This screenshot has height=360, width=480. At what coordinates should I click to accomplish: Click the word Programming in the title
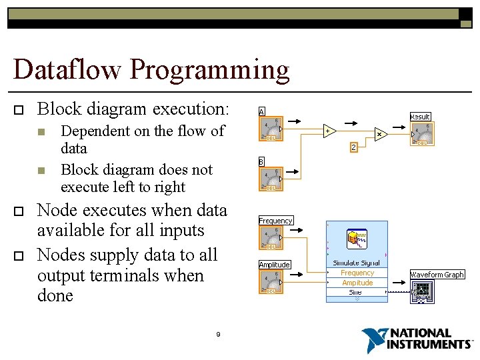[210, 70]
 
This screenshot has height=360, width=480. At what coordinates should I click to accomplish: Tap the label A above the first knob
[262, 111]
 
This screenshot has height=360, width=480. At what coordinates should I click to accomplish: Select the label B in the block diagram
[262, 161]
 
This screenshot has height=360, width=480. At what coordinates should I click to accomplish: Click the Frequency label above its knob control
[275, 221]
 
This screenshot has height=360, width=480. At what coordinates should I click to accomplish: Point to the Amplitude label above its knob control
[275, 265]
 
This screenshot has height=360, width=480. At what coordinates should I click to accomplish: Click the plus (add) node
[329, 131]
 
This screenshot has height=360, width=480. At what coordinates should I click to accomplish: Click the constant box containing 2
[354, 147]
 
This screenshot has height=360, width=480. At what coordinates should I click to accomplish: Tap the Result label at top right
[420, 117]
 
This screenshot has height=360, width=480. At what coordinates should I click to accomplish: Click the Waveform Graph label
[437, 275]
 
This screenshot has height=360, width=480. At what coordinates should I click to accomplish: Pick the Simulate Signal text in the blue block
[357, 263]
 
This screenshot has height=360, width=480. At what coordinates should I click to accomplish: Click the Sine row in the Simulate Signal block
[356, 292]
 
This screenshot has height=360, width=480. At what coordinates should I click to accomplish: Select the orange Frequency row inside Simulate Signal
[357, 273]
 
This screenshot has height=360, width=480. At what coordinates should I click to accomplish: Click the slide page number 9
[218, 334]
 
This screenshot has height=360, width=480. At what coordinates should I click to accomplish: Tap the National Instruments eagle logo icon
[375, 339]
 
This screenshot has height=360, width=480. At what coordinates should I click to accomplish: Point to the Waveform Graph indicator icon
[422, 291]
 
